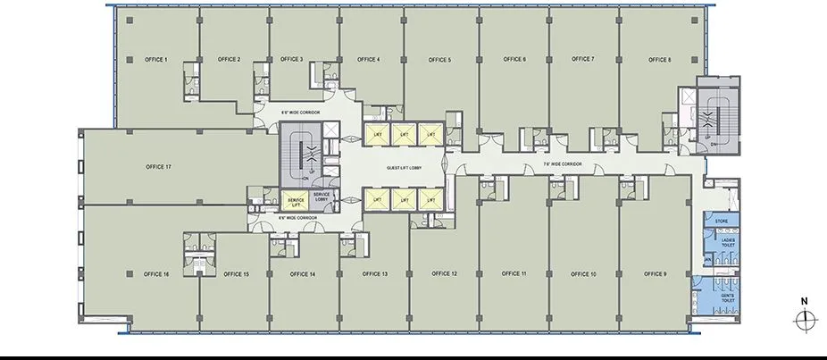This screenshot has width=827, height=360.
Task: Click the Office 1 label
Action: click(x=156, y=59)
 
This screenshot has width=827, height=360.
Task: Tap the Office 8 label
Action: click(x=658, y=59)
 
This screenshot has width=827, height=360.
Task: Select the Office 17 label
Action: click(x=158, y=167)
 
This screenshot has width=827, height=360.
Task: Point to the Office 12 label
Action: click(x=444, y=273)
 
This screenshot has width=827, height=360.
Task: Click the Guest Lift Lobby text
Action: click(x=405, y=168)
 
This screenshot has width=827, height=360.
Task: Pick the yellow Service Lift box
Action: click(x=295, y=200)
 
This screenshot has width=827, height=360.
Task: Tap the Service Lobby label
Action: click(x=322, y=197)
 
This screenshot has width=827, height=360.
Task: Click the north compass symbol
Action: click(x=806, y=319)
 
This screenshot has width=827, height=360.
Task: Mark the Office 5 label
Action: click(x=439, y=60)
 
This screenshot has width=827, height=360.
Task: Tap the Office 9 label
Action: click(x=656, y=273)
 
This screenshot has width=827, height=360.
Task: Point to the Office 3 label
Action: click(x=291, y=59)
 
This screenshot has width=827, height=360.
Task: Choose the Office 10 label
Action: click(x=581, y=273)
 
